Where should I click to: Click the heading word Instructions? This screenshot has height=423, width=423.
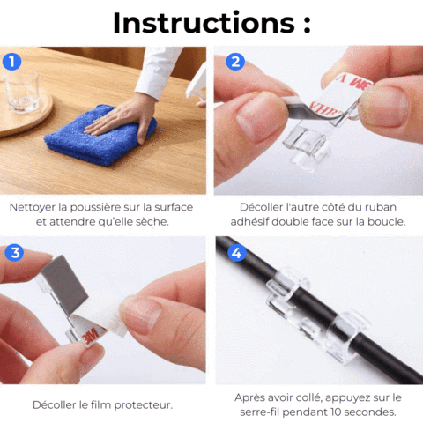(204, 23)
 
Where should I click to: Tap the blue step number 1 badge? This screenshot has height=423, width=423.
(11, 62)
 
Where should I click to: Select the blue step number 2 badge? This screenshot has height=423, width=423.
(235, 62)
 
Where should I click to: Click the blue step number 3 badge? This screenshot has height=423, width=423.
(14, 253)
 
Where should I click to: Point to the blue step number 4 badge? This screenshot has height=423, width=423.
(237, 253)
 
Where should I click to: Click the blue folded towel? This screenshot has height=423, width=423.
(100, 134)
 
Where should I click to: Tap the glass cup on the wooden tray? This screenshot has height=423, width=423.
(21, 91)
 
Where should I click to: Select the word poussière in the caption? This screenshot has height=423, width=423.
(95, 207)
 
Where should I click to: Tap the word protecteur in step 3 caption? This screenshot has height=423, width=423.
(143, 405)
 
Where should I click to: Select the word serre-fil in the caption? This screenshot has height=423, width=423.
(259, 412)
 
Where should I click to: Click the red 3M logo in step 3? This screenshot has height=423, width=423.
(92, 335)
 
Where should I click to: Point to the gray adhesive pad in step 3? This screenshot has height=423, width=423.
(64, 286)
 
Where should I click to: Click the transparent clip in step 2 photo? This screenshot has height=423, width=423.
(308, 147)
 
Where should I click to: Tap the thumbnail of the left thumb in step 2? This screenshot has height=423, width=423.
(256, 117)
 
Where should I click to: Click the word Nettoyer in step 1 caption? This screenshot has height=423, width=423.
(33, 208)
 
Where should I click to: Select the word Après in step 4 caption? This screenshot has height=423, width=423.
(249, 397)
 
